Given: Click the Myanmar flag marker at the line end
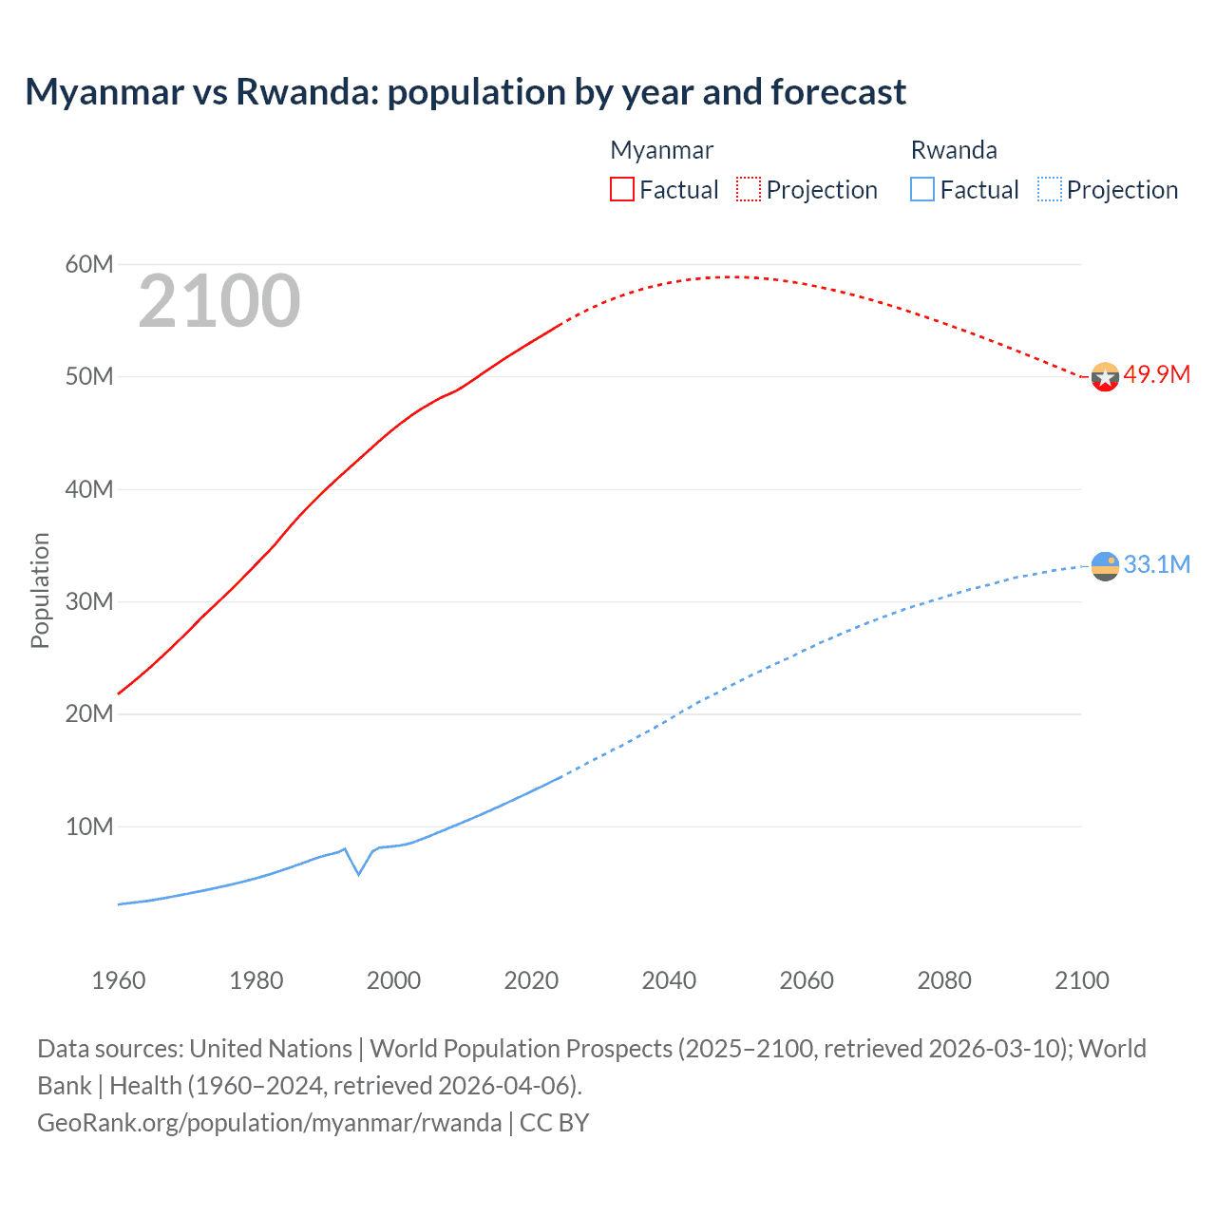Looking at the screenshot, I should [x=1105, y=377].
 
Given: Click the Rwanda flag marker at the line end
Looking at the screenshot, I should [x=1105, y=566].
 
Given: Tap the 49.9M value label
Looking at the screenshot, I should [x=1156, y=374].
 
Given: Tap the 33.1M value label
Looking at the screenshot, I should [x=1156, y=564].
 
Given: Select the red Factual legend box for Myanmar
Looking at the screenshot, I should [x=621, y=189].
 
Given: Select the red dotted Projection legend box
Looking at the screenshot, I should [x=749, y=189].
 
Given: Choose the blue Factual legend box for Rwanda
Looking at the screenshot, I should [x=921, y=189].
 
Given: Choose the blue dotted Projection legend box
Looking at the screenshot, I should [x=1049, y=189].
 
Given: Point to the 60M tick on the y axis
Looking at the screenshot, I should [x=89, y=264].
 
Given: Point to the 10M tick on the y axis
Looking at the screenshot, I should [x=89, y=826].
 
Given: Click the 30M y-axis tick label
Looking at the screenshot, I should [x=89, y=601].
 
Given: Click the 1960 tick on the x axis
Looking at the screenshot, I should [x=119, y=980].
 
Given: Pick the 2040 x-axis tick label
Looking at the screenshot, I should [x=669, y=980].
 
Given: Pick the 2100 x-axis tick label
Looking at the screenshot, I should [x=1081, y=980].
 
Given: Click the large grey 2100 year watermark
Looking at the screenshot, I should [x=219, y=301].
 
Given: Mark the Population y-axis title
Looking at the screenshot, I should [x=40, y=590].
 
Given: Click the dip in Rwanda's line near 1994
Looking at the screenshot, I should [x=358, y=873].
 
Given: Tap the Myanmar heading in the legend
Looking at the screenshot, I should [x=661, y=150].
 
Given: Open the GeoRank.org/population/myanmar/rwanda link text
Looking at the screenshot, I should [x=270, y=1123].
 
